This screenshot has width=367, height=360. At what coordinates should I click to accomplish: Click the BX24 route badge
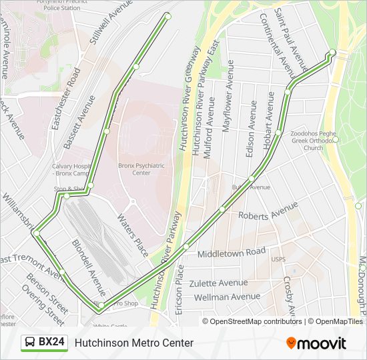(x=45, y=342)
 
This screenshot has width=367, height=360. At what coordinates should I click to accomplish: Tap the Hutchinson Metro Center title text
(x=134, y=343)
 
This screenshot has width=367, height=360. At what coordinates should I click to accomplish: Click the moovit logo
(x=316, y=343)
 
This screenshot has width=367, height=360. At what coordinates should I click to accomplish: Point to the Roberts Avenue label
(x=268, y=213)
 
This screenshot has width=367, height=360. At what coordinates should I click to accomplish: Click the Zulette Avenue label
(x=218, y=283)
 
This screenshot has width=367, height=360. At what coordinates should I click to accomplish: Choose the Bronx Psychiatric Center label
(x=141, y=169)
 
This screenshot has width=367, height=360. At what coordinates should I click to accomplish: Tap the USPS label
(x=278, y=259)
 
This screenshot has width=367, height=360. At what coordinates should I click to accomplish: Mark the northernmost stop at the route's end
(x=167, y=16)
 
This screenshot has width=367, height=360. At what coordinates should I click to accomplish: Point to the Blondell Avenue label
(x=88, y=267)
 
